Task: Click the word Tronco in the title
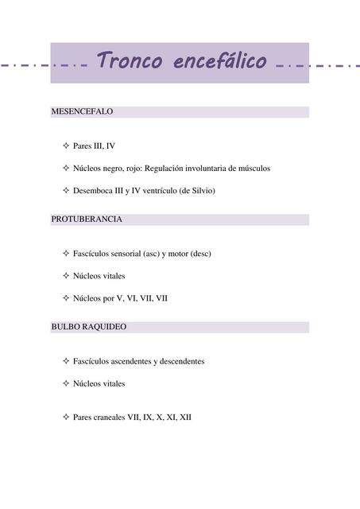click(129, 60)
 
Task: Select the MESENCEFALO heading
click(82, 112)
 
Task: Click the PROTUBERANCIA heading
click(87, 219)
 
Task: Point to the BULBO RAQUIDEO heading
click(88, 327)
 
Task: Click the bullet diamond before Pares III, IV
click(65, 146)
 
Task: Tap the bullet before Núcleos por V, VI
click(65, 298)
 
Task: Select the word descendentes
click(182, 361)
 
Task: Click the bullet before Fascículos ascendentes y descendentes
click(65, 361)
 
